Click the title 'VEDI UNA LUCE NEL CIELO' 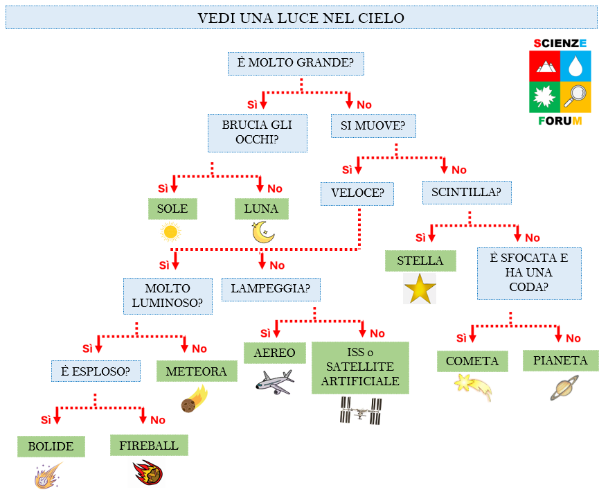301,18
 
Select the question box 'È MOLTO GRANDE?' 296,64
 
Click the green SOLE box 172,209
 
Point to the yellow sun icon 170,231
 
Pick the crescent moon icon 263,232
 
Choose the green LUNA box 261,209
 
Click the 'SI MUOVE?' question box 373,126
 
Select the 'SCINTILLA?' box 467,192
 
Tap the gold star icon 420,289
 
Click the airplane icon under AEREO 274,381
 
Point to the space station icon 360,411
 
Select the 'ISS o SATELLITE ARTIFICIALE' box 360,367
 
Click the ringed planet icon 564,388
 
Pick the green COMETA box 472,361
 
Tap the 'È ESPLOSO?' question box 96,371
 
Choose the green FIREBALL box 149,446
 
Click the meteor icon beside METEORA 195,400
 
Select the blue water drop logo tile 575,66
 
